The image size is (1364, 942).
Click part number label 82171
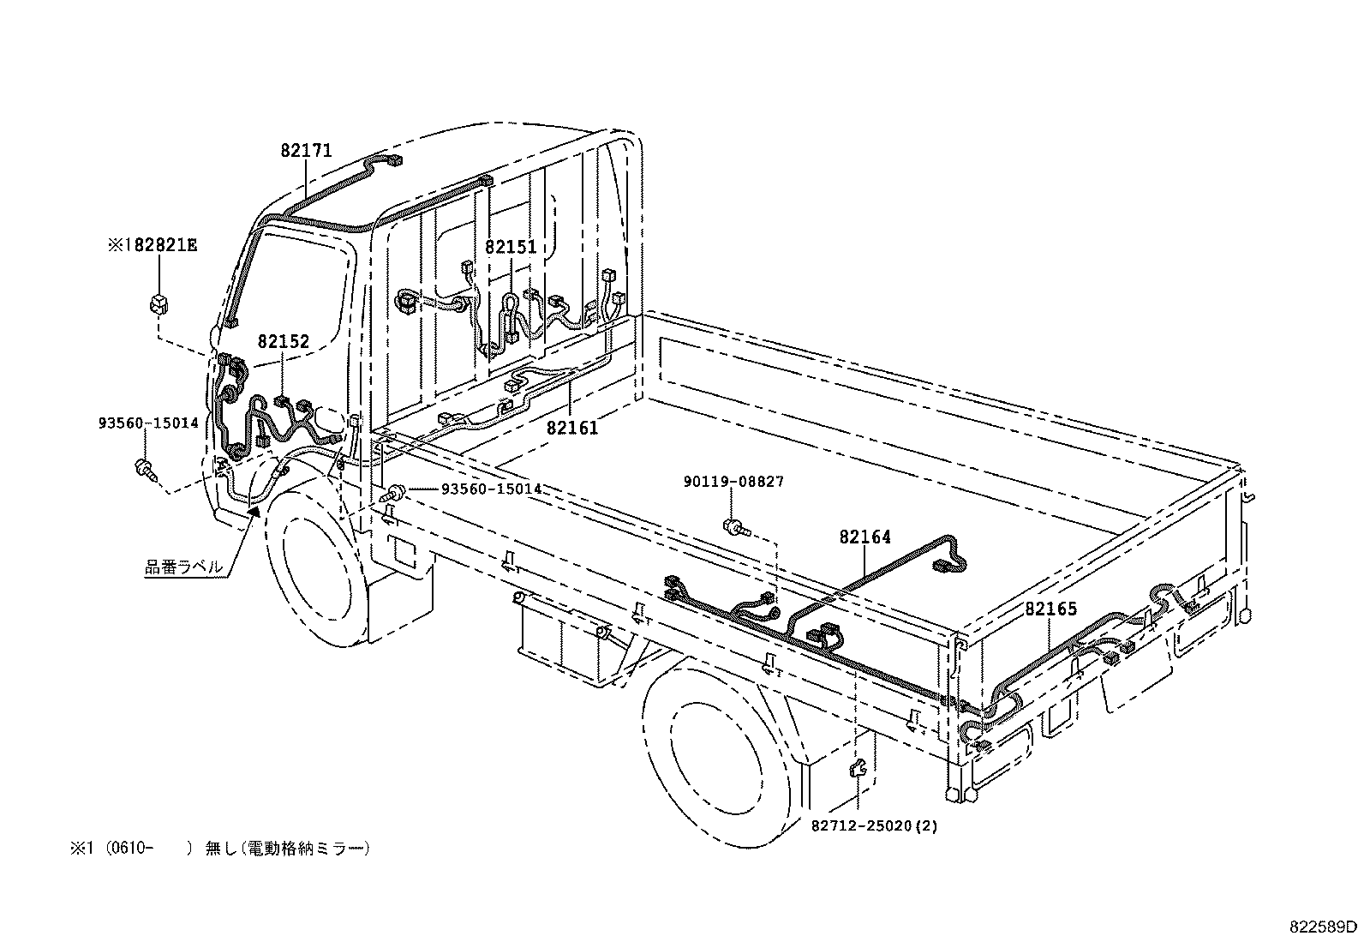pyautogui.click(x=306, y=151)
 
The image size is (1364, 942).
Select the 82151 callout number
pyautogui.click(x=511, y=247)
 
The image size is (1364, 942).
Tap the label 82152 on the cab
pyautogui.click(x=284, y=341)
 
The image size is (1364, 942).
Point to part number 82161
pyautogui.click(x=572, y=428)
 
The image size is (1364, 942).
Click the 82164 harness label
pyautogui.click(x=865, y=537)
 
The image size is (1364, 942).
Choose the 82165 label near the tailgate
pyautogui.click(x=1050, y=609)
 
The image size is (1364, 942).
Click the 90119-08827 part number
pyautogui.click(x=733, y=483)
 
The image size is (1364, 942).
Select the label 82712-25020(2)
pyautogui.click(x=874, y=826)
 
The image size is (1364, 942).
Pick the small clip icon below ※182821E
pyautogui.click(x=158, y=303)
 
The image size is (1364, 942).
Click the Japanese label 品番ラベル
pyautogui.click(x=184, y=567)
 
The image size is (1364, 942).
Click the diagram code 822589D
pyautogui.click(x=1324, y=927)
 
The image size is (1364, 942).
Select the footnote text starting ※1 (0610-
pyautogui.click(x=221, y=849)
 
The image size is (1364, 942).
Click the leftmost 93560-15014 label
pyautogui.click(x=148, y=423)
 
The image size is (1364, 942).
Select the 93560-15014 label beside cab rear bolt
pyautogui.click(x=491, y=489)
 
